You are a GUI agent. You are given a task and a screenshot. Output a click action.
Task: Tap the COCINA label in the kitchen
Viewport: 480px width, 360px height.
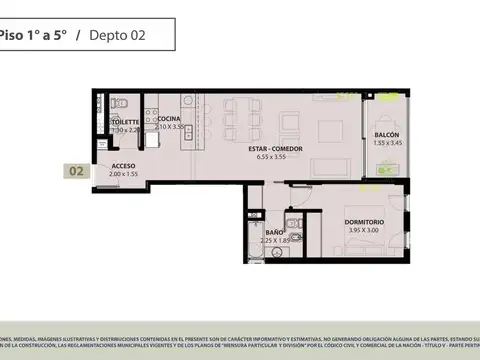coord(168,119)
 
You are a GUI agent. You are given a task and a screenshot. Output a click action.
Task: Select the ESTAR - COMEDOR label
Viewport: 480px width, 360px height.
coord(279,148)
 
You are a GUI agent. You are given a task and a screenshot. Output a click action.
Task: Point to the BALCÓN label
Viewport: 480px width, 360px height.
coord(388,134)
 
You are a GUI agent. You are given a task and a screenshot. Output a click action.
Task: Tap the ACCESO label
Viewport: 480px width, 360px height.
coord(124,165)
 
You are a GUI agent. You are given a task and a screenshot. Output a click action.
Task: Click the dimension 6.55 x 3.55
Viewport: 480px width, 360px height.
coord(279,157)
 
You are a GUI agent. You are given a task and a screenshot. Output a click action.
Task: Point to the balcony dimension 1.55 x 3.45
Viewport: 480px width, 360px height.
coord(388,143)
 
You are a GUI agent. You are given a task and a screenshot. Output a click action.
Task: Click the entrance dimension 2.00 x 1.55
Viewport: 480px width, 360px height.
coord(124,174)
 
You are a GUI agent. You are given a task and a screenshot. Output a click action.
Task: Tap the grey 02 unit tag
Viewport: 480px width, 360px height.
coord(76,171)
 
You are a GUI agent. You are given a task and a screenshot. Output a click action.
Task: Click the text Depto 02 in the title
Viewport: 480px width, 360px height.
coord(117,35)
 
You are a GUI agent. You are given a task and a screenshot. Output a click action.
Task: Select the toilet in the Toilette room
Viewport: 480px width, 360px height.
coord(116,103)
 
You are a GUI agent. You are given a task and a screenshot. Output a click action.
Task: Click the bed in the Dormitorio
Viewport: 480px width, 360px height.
coord(350,250)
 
